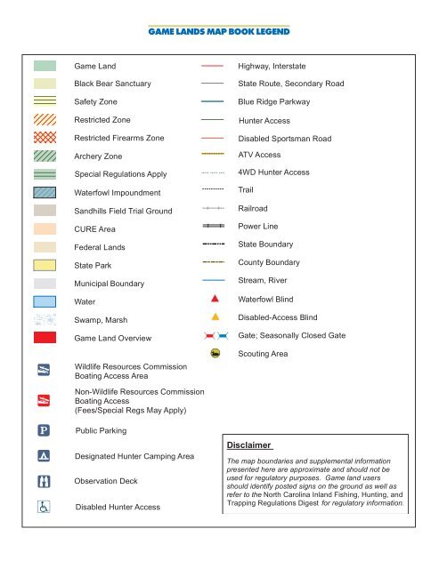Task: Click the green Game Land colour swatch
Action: [x=45, y=66]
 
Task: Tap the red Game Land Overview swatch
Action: [x=45, y=338]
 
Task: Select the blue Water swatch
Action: [x=45, y=301]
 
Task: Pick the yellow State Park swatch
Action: [x=45, y=265]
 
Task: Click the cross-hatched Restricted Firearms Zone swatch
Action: [x=45, y=138]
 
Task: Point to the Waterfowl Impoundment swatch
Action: [x=45, y=192]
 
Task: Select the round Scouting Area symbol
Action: [x=215, y=353]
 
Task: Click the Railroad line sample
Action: [x=214, y=207]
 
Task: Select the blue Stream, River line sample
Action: [x=214, y=280]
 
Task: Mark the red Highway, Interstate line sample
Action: [x=214, y=66]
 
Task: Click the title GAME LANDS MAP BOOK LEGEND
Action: [x=219, y=34]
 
